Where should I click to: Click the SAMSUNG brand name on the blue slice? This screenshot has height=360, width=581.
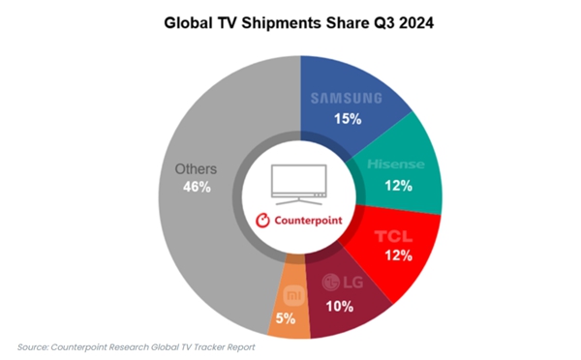point(346,98)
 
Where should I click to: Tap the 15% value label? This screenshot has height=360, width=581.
point(348,119)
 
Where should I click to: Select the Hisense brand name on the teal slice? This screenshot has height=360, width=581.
point(396,165)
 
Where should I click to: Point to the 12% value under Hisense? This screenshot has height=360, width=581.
point(396,186)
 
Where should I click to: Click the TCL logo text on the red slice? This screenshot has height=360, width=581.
point(393,234)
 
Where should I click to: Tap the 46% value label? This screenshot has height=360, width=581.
point(197,187)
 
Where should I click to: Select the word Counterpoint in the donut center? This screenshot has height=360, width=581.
point(309,220)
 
